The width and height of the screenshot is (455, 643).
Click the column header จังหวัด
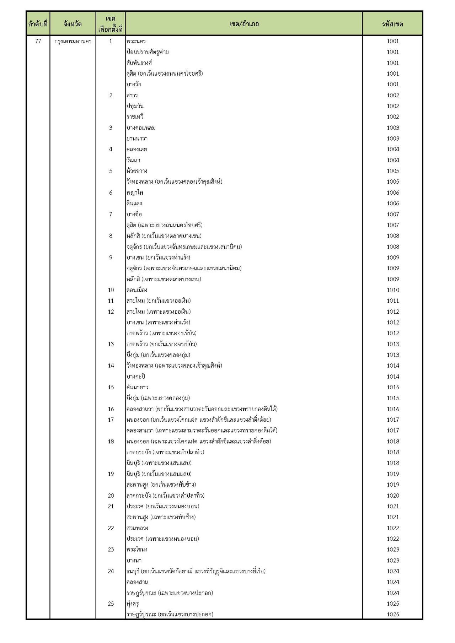click(x=73, y=24)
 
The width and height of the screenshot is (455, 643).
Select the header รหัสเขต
click(x=392, y=24)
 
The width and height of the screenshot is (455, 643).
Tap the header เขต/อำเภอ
click(x=244, y=24)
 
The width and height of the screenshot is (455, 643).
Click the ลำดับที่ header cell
click(x=38, y=24)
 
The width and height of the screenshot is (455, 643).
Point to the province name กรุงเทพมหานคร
click(x=73, y=41)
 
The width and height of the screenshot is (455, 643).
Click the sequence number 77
click(x=38, y=41)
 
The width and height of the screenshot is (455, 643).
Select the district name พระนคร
click(x=136, y=41)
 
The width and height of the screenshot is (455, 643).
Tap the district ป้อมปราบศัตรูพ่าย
click(x=148, y=52)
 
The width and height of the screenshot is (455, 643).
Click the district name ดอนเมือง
click(x=137, y=290)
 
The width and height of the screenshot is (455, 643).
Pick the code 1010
click(x=393, y=290)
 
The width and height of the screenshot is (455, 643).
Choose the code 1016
click(x=393, y=409)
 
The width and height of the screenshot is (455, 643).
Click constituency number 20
click(x=111, y=496)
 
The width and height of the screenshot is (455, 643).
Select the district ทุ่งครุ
click(x=133, y=604)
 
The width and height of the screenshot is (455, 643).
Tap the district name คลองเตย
click(x=137, y=149)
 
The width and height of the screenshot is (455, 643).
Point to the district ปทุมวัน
click(x=135, y=106)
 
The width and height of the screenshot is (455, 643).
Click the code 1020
click(x=393, y=496)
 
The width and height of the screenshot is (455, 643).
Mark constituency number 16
click(x=111, y=409)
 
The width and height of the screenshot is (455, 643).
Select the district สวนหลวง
click(x=137, y=528)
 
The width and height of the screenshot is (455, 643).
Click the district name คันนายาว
click(x=138, y=387)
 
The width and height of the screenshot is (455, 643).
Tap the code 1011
click(x=393, y=301)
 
